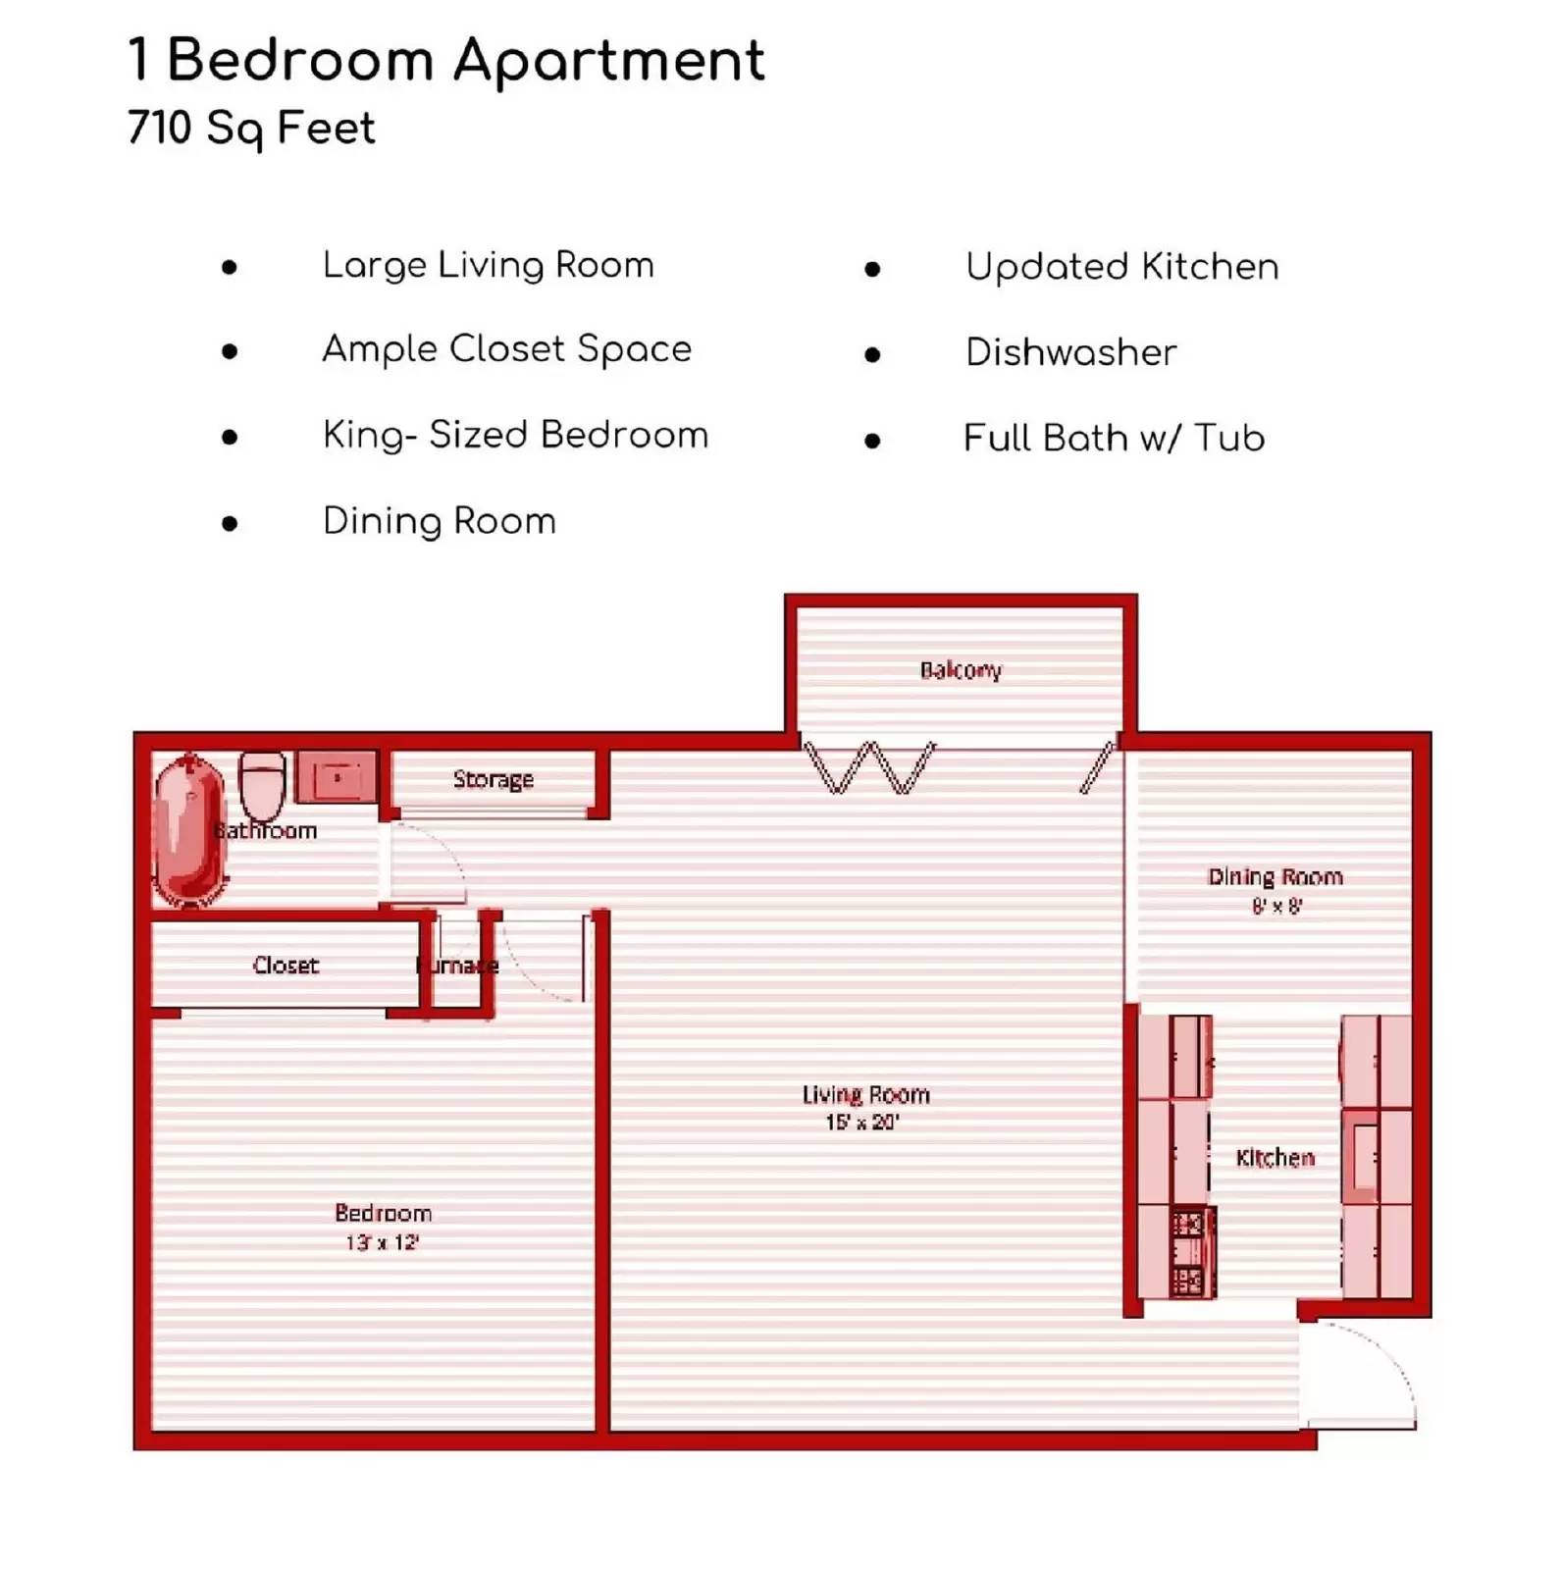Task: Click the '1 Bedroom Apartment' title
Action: coord(446,61)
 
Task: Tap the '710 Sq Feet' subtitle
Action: coord(251,129)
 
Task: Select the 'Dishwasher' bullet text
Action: coord(1070,352)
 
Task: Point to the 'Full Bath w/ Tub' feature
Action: coord(1114,438)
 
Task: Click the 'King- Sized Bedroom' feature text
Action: coord(515,435)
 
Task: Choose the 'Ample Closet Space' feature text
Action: coord(506,349)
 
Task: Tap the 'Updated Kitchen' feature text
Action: coord(1121,267)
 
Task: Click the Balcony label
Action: coord(961,670)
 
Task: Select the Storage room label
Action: coord(494,779)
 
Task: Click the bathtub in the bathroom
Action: coord(187,829)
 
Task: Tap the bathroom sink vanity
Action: coord(337,777)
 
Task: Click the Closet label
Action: coord(286,966)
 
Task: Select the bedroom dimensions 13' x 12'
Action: coord(382,1242)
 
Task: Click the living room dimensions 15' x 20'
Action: coord(862,1122)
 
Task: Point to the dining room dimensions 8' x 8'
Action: coord(1276,906)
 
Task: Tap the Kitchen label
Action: coord(1275,1158)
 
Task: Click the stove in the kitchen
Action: coord(1189,1252)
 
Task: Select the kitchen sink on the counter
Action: coord(1363,1157)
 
